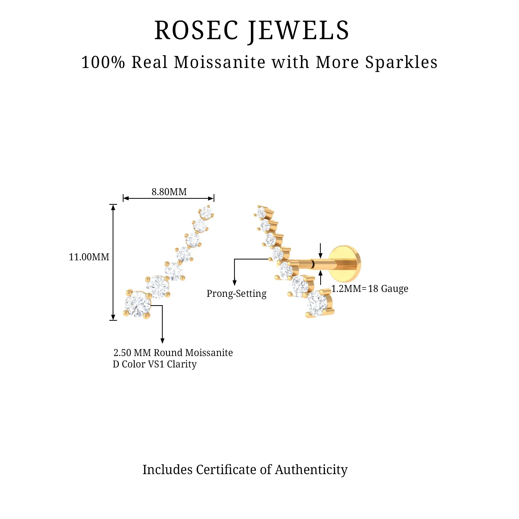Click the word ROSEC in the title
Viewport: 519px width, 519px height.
[196, 31]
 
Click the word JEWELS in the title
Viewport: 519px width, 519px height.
[298, 31]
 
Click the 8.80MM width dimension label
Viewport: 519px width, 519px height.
[169, 192]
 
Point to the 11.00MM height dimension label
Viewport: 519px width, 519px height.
[89, 257]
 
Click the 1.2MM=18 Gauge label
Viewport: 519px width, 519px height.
[370, 289]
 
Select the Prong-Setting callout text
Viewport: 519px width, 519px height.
[236, 293]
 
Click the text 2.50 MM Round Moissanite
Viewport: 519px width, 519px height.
[173, 353]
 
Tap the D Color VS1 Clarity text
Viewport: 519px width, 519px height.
[155, 364]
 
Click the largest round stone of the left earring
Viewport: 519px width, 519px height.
[138, 304]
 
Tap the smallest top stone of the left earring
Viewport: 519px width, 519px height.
[206, 213]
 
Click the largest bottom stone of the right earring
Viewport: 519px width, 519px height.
[318, 304]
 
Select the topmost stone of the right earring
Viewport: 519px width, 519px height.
[261, 213]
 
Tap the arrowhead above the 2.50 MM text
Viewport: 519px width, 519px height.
[162, 341]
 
